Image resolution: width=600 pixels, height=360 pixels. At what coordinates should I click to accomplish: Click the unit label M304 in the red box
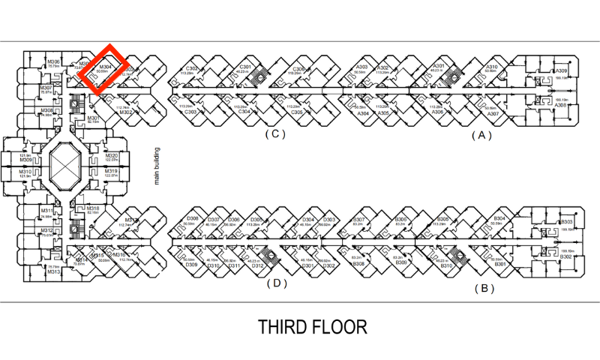tap(105, 66)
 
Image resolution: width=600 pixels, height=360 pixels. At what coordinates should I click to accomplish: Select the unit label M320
tap(112, 154)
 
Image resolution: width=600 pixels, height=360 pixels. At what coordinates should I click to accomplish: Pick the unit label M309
tap(25, 160)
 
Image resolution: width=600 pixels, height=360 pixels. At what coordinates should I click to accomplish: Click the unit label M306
tap(53, 61)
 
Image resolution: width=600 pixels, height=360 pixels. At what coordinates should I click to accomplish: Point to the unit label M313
tap(53, 271)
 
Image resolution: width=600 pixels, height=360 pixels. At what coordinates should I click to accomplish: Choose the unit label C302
tap(193, 68)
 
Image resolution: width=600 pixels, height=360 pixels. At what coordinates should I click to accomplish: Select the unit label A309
tap(562, 71)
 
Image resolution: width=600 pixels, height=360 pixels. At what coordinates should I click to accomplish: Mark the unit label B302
tap(566, 257)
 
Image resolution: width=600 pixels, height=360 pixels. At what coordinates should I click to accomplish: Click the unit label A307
tap(492, 113)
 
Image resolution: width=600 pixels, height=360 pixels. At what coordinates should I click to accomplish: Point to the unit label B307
tap(358, 218)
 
